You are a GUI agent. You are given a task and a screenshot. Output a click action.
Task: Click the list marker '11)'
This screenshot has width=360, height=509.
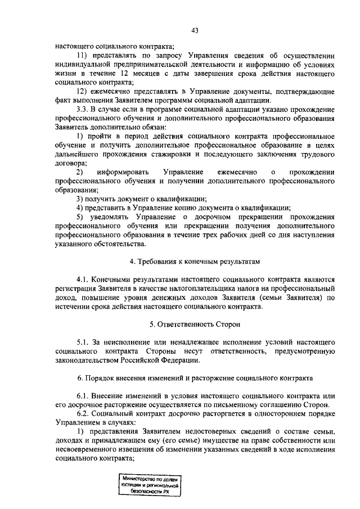(x=83, y=56)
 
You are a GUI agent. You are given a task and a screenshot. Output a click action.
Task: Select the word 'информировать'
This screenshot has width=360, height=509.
(x=123, y=172)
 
